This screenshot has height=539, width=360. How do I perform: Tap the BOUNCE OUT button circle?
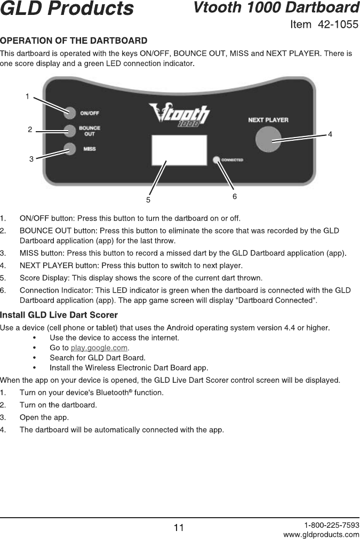click(70, 131)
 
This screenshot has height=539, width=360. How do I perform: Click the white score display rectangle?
click(179, 150)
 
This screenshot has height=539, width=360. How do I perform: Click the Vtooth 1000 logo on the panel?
click(179, 116)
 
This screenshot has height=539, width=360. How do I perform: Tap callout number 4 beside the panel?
click(330, 134)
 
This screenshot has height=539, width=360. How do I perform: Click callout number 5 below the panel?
click(149, 200)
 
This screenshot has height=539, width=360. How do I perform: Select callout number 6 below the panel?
click(234, 197)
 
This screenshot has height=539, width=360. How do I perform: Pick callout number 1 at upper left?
click(27, 96)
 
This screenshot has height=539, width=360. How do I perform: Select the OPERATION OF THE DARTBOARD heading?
click(74, 41)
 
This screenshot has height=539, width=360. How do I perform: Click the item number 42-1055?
click(338, 25)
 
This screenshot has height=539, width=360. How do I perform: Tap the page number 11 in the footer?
click(179, 528)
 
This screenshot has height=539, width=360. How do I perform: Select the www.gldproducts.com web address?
click(321, 534)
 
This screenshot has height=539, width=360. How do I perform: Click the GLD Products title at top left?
click(67, 9)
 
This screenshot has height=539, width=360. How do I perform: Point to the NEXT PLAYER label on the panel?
click(268, 120)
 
